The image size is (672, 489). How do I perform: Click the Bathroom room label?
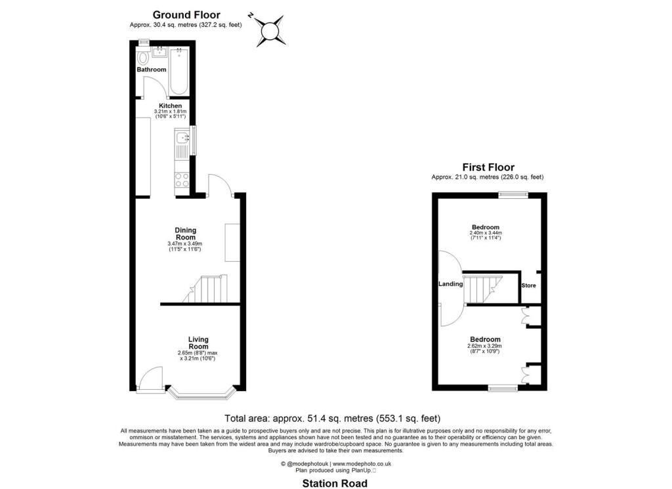coord(152,70)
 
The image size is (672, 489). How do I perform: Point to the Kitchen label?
coord(171,106)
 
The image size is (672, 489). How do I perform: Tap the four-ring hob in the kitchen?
coord(182,179)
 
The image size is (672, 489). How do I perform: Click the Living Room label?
coord(198,343)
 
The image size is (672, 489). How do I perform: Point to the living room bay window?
coord(201,394)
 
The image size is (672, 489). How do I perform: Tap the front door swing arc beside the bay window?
coord(151,379)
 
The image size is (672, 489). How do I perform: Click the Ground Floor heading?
coord(186,14)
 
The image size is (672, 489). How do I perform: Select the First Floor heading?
coord(488,167)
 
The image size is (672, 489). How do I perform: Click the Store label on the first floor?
coord(528,286)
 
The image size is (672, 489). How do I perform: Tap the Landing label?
coord(451,284)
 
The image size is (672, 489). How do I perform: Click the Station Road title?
coord(335,483)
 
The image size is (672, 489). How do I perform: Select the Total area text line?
coord(332,417)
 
